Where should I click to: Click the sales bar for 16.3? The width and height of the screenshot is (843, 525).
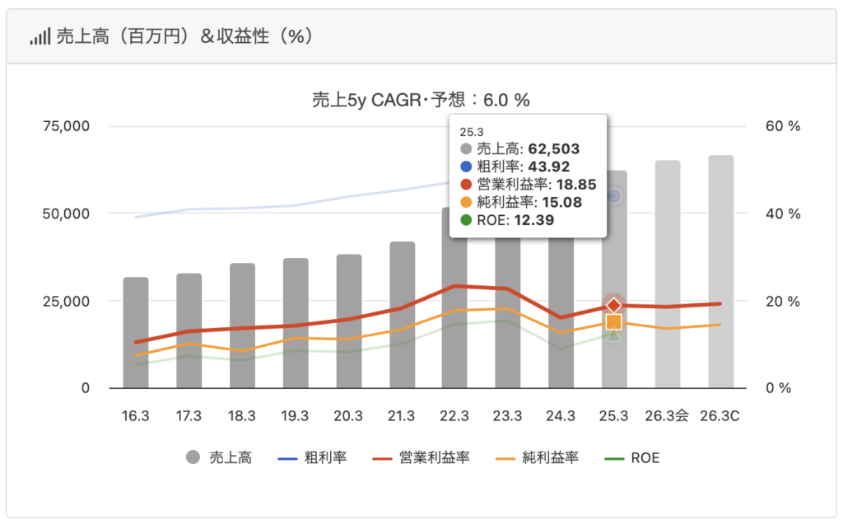136,333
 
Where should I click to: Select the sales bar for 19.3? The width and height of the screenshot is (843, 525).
296,323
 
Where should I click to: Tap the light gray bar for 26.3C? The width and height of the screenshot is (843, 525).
721,272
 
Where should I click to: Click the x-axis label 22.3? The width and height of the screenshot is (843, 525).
454,416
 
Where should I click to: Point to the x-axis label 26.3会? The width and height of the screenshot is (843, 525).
667,416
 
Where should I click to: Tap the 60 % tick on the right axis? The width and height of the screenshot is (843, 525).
783,126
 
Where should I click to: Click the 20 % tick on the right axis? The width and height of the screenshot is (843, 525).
783,301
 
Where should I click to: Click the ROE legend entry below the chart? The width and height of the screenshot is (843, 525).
645,457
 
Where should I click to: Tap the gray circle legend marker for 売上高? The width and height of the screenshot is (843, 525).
193,457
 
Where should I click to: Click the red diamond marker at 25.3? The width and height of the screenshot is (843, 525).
613,306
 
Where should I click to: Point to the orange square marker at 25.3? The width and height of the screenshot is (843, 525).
613,321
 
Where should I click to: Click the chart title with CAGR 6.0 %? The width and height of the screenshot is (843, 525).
421,100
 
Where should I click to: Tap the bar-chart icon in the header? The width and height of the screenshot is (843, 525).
40,37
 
